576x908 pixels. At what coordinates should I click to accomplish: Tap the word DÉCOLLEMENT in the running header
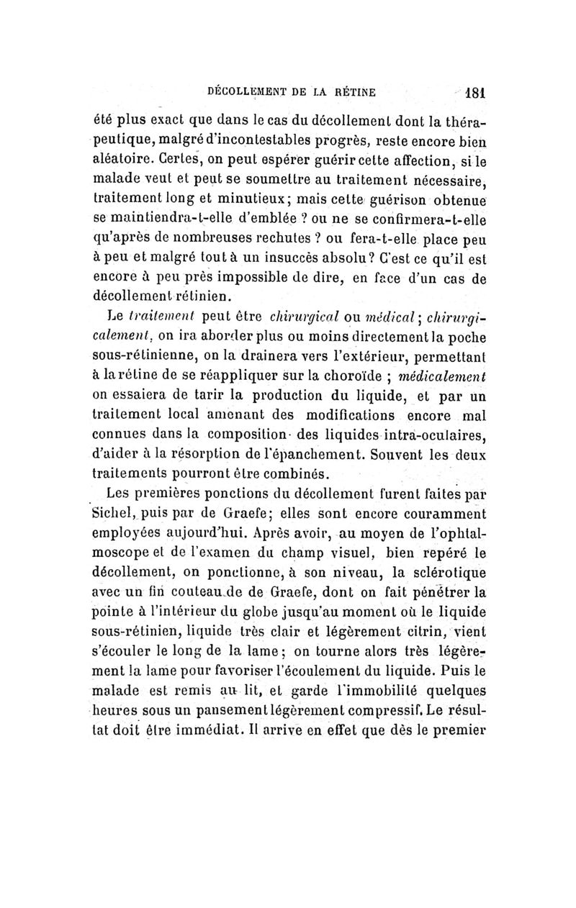[247, 93]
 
